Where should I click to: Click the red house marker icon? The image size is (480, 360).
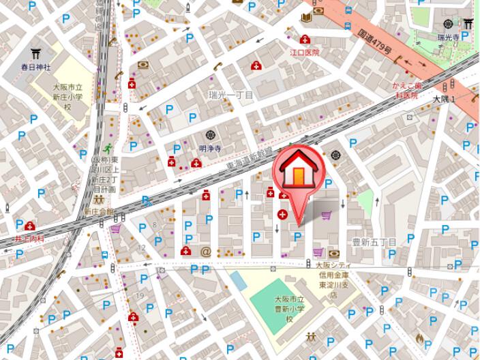(x=298, y=174)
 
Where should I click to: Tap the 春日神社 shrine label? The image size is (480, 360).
(x=35, y=67)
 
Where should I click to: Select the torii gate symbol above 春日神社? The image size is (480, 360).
(x=35, y=52)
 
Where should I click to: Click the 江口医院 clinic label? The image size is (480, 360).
(x=305, y=52)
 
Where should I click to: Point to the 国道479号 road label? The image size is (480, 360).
(x=374, y=41)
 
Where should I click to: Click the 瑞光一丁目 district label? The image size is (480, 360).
(x=231, y=95)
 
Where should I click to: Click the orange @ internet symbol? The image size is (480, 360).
(x=205, y=252)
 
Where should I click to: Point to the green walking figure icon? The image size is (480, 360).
(x=107, y=148)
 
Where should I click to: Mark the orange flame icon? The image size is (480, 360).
(x=419, y=337)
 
